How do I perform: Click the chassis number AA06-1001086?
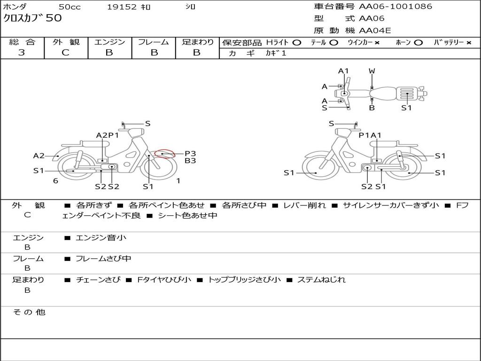tap(396, 6)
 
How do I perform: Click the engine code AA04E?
tap(375, 31)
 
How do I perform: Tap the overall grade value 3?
tap(22, 53)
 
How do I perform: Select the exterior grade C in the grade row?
tap(66, 53)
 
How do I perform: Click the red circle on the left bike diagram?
tap(165, 154)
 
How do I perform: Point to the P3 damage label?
tap(190, 154)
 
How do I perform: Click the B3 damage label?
tap(190, 161)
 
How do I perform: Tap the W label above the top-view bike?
tap(372, 71)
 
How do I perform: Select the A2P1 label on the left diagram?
tap(108, 135)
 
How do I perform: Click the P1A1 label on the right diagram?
tap(370, 135)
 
